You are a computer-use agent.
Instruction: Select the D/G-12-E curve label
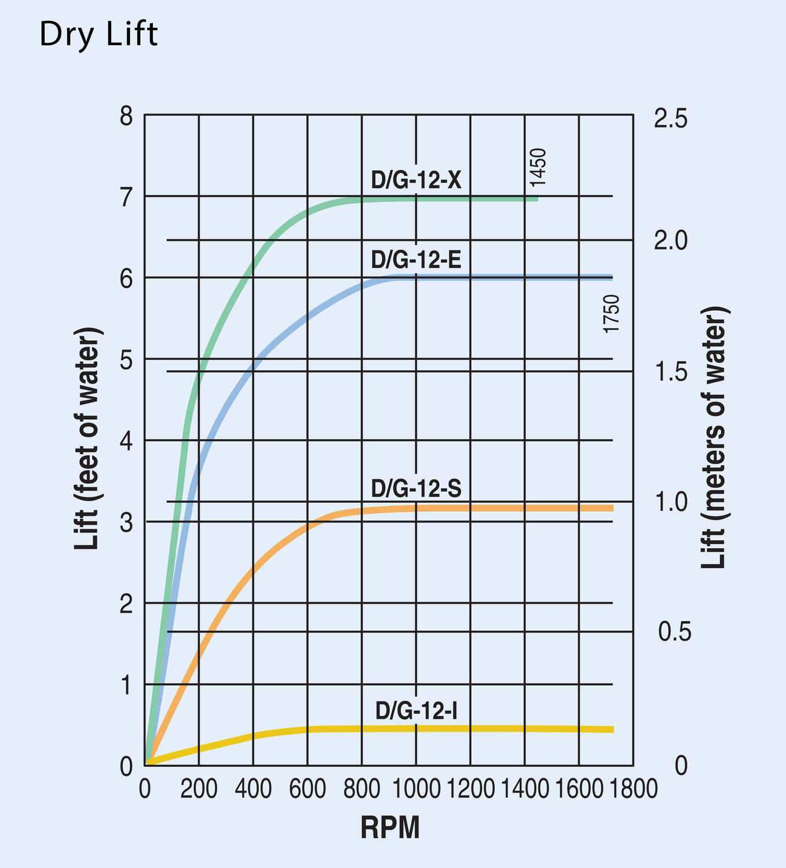point(416,260)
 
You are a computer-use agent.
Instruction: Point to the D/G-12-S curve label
point(416,489)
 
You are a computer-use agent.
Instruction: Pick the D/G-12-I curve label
point(416,711)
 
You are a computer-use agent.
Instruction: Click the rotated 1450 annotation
point(538,168)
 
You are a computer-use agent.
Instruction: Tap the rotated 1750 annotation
point(612,314)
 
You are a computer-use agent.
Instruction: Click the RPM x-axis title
point(390,828)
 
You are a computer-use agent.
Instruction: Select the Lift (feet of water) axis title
point(88,439)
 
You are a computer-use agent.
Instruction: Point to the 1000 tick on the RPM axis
point(416,789)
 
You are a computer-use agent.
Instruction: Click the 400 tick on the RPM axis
point(253,789)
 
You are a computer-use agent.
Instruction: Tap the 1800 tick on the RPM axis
point(633,789)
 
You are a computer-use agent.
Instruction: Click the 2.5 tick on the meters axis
point(671,119)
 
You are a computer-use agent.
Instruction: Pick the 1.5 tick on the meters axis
point(671,372)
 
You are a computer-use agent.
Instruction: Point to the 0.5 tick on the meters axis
point(675,632)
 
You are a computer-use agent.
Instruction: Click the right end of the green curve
point(537,199)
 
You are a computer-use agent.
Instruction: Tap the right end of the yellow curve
point(612,730)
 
